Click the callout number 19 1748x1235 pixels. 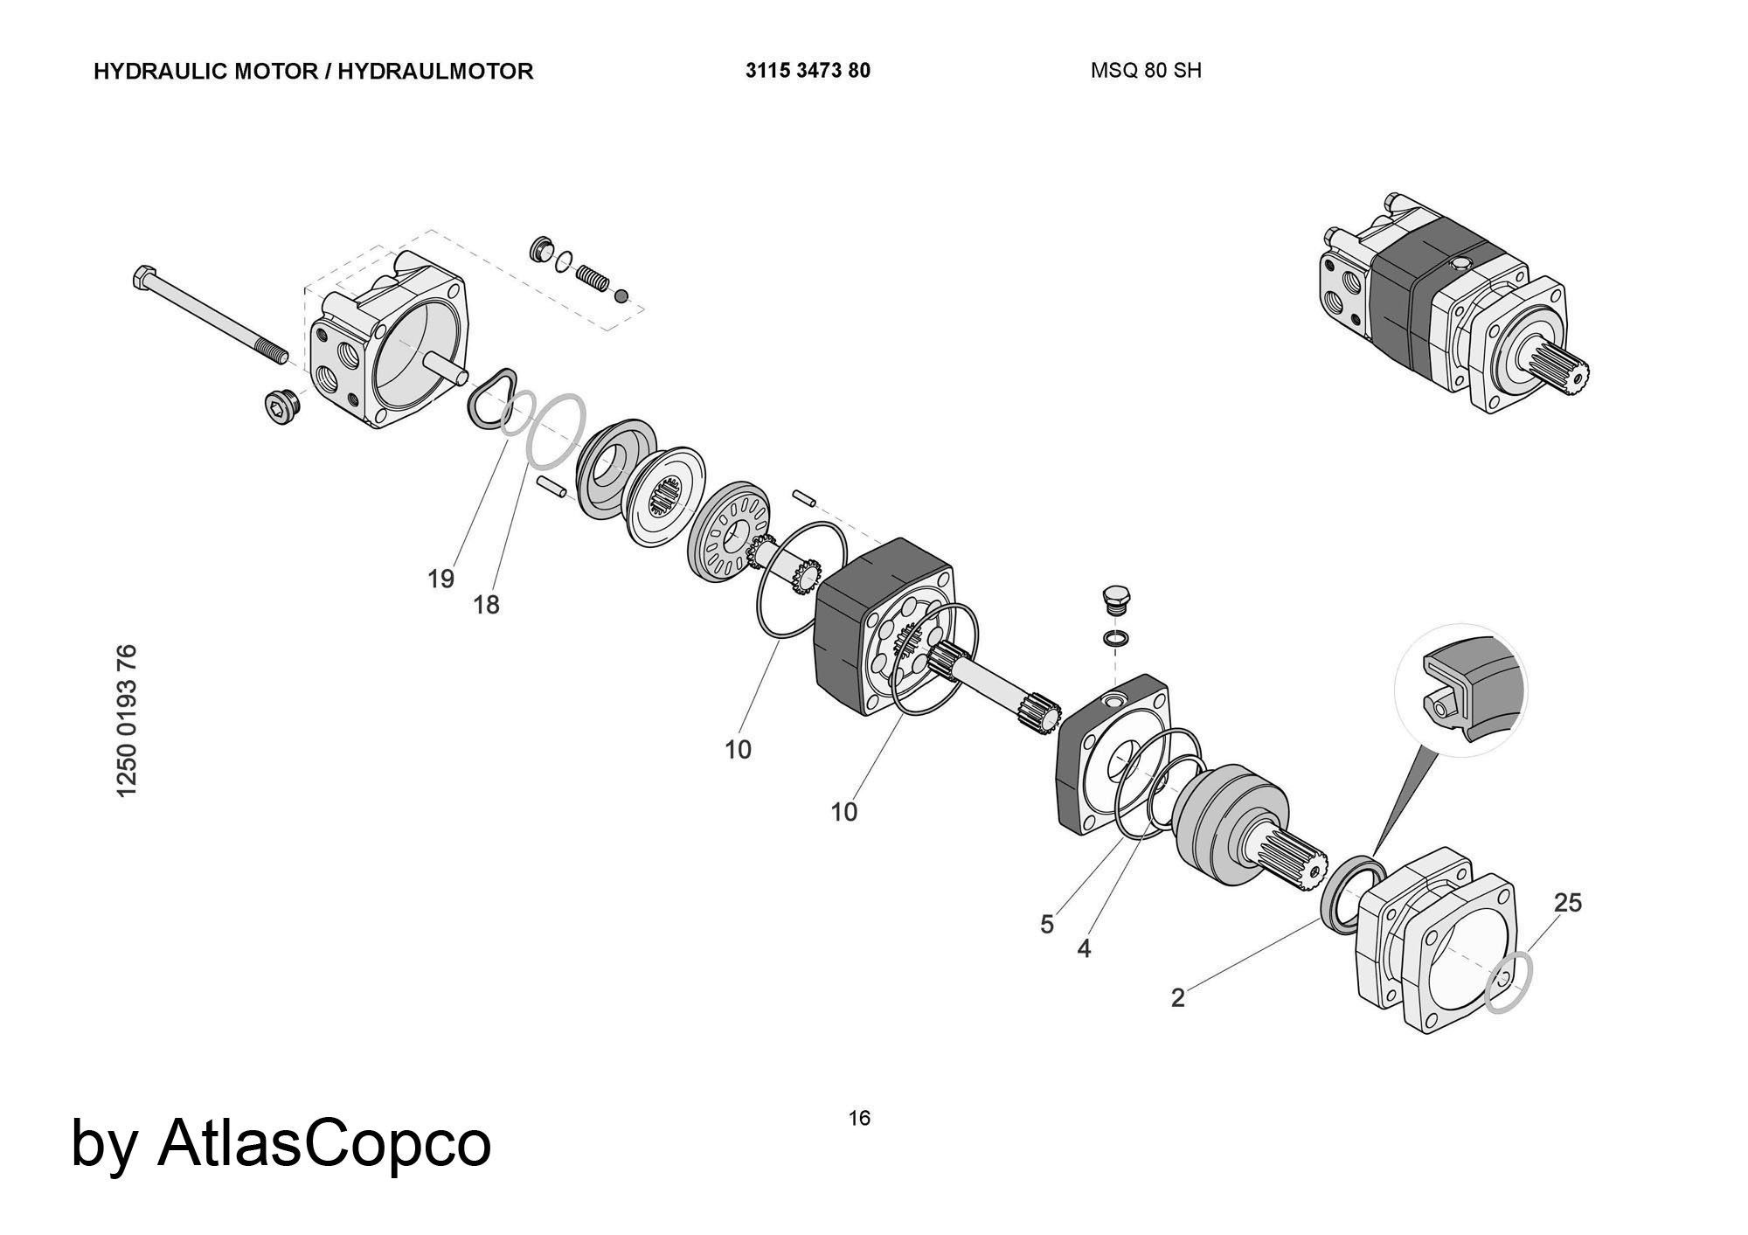click(x=441, y=579)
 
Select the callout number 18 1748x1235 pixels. click(x=487, y=604)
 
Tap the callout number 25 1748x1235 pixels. click(x=1568, y=903)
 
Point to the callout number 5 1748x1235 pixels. click(x=1047, y=925)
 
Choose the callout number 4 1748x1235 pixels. click(x=1084, y=948)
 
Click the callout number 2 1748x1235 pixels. click(x=1178, y=997)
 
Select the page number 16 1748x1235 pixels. click(x=859, y=1118)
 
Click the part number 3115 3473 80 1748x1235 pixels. click(x=808, y=71)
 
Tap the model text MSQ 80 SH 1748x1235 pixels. click(x=1146, y=71)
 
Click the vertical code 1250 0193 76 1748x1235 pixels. click(x=127, y=721)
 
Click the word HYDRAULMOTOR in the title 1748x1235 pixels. click(x=435, y=72)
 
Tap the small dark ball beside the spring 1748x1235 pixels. click(x=621, y=296)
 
